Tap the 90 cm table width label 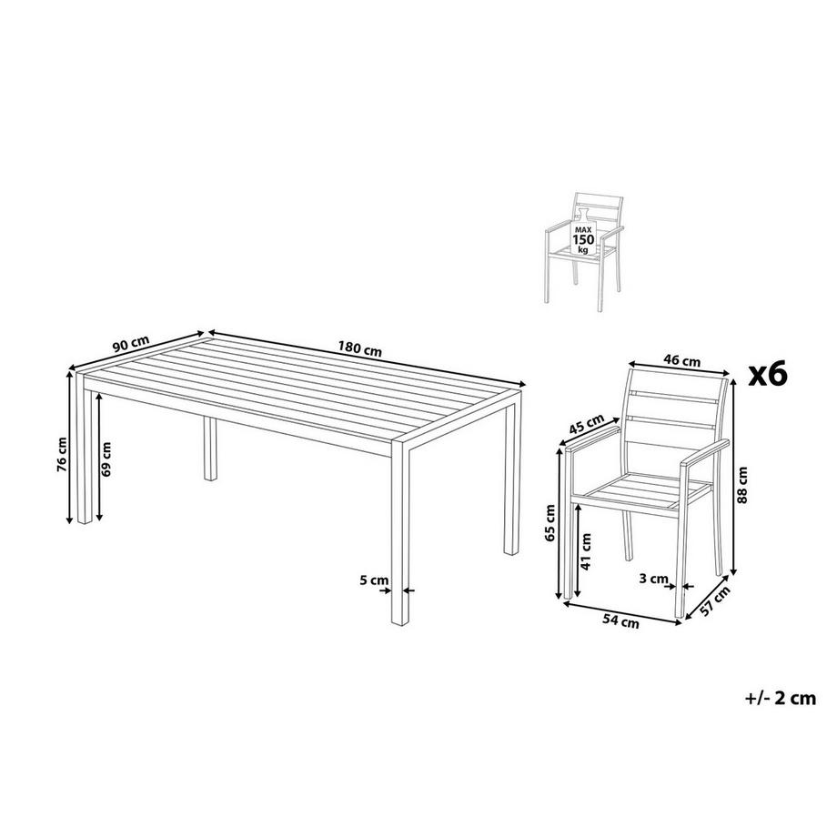131,345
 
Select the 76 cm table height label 61,451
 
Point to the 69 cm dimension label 106,460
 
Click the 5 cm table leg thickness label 374,579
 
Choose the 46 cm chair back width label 682,361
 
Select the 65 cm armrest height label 550,522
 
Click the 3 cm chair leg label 654,579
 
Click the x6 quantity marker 765,374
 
